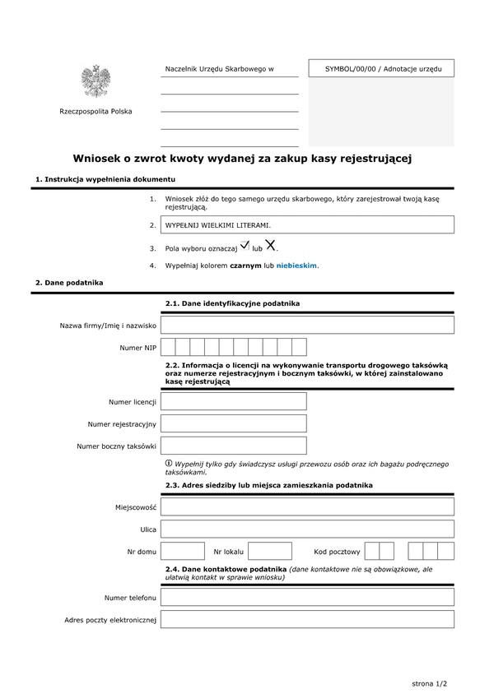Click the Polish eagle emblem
pyautogui.click(x=96, y=81)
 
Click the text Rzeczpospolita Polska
pyautogui.click(x=96, y=112)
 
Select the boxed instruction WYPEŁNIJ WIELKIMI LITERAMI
pyautogui.click(x=307, y=224)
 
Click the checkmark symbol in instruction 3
pyautogui.click(x=245, y=245)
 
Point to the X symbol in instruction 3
pyautogui.click(x=270, y=245)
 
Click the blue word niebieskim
pyautogui.click(x=296, y=266)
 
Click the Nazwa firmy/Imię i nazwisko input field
pyautogui.click(x=307, y=326)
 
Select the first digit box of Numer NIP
pyautogui.click(x=168, y=347)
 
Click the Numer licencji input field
pyautogui.click(x=233, y=401)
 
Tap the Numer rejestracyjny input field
pyautogui.click(x=233, y=423)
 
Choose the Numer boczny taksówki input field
pyautogui.click(x=233, y=446)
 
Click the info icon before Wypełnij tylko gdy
pyautogui.click(x=169, y=464)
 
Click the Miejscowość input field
pyautogui.click(x=307, y=507)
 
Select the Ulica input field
pyautogui.click(x=307, y=529)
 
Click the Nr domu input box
pyautogui.click(x=183, y=551)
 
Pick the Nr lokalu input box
pyautogui.click(x=270, y=551)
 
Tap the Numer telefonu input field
pyautogui.click(x=307, y=597)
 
